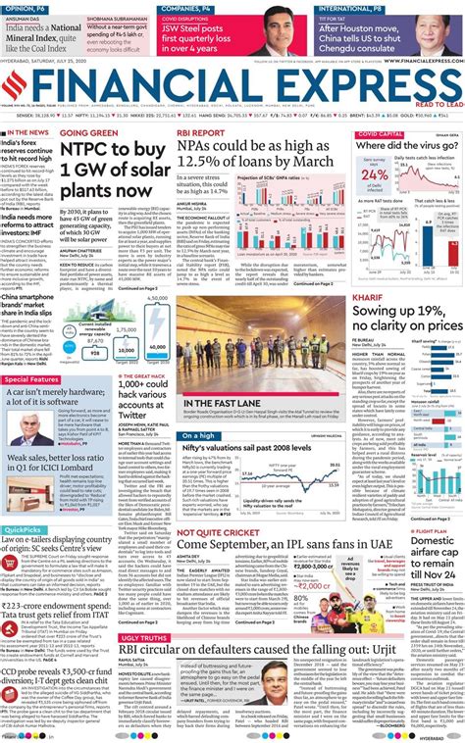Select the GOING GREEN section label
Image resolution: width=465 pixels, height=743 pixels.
click(x=90, y=132)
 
